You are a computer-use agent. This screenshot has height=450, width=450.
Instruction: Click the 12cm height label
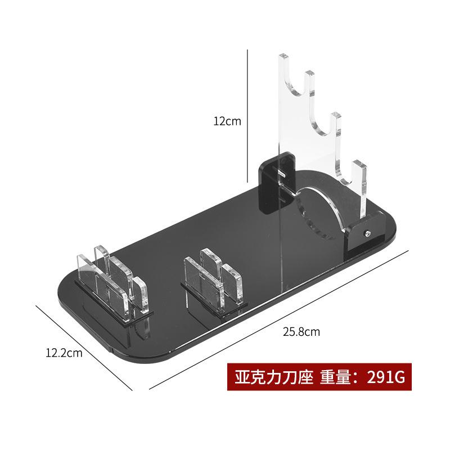tap(227, 121)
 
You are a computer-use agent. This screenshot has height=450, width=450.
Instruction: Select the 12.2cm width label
tap(64, 353)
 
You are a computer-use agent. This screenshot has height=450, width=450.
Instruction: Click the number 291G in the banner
tap(385, 376)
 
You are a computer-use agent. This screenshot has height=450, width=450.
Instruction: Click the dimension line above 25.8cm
tap(281, 318)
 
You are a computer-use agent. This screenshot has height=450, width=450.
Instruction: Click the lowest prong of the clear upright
tap(361, 180)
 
